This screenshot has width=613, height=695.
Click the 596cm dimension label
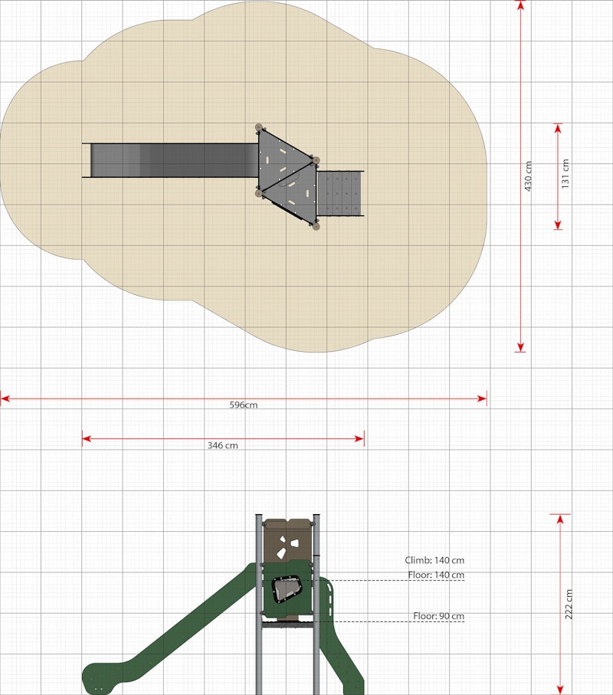[244, 405]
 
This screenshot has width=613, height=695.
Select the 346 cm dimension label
[222, 445]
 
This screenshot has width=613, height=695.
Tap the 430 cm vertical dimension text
[528, 176]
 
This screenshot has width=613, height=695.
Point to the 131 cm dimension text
[565, 174]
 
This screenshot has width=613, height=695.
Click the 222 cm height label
[569, 604]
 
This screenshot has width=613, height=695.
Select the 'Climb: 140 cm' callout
[434, 560]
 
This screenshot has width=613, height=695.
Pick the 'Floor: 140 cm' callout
[436, 575]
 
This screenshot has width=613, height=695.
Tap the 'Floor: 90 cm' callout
[439, 616]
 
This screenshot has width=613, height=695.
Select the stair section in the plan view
[340, 194]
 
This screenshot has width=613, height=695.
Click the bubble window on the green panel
[287, 589]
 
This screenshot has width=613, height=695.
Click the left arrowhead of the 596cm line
[5, 399]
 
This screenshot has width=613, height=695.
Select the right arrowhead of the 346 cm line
[359, 439]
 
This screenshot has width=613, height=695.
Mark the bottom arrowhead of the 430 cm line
[521, 347]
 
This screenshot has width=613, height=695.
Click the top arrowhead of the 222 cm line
[560, 520]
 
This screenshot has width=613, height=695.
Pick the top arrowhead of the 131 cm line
[558, 129]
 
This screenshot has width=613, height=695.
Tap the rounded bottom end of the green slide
[100, 677]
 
